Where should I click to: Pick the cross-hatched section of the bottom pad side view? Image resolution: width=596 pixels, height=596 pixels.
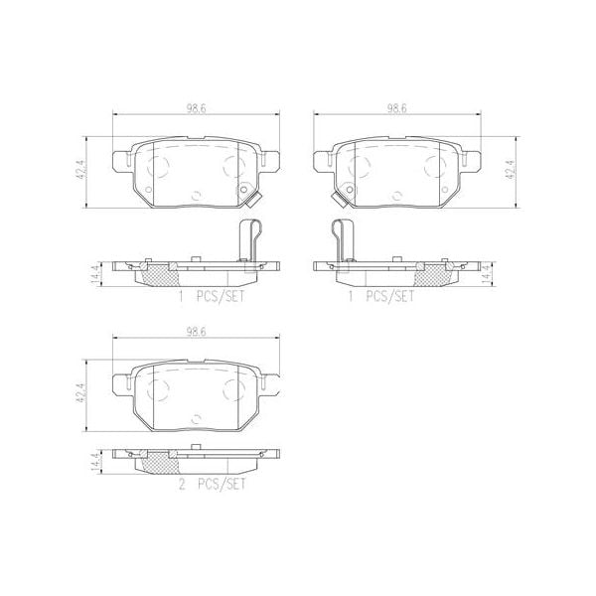(x=153, y=462)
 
